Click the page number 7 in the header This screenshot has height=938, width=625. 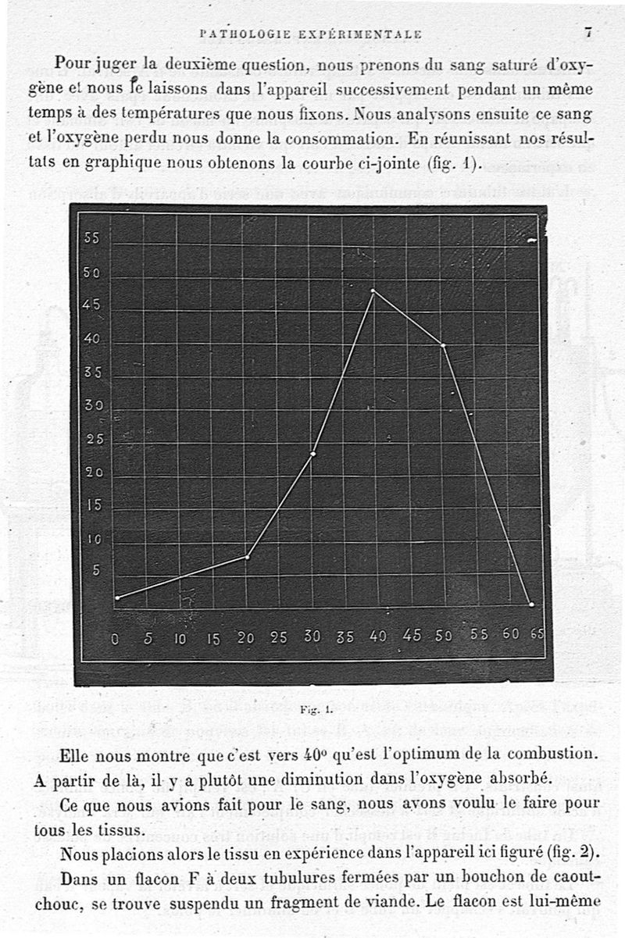click(x=587, y=32)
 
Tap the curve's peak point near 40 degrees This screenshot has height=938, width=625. click(x=373, y=291)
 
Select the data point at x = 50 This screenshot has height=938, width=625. click(x=443, y=345)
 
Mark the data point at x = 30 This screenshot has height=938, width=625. click(x=312, y=454)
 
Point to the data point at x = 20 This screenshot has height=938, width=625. click(x=247, y=557)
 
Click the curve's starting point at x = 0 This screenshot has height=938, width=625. click(x=117, y=598)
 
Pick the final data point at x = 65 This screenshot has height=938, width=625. click(x=531, y=605)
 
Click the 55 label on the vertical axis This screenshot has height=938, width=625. click(x=91, y=239)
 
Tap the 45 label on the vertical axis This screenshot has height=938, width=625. click(x=91, y=305)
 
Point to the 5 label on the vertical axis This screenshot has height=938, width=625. click(x=96, y=571)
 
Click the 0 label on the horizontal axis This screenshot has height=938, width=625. click(x=115, y=638)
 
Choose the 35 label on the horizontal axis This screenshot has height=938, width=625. click(x=345, y=637)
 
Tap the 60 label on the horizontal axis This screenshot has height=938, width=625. click(x=511, y=634)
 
